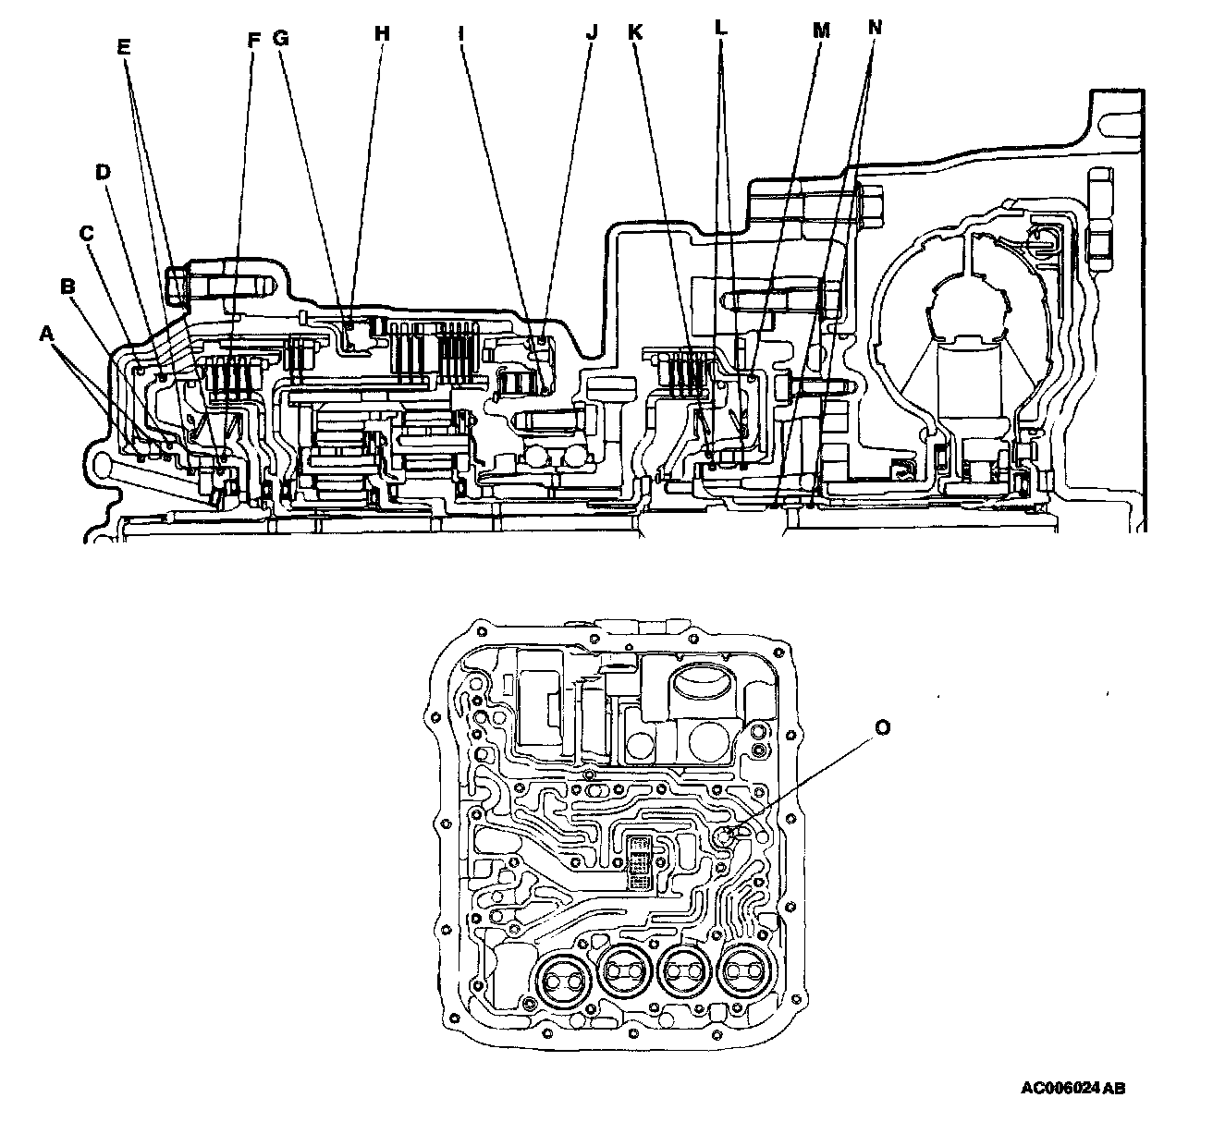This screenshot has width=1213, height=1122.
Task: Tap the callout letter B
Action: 67,287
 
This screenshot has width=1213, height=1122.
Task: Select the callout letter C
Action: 87,234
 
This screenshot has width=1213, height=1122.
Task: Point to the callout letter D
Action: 104,172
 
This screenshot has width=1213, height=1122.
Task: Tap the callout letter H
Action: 382,33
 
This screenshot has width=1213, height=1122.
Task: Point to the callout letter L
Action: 721,28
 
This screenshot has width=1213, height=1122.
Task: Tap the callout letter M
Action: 820,31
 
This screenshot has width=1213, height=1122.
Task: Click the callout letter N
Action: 875,28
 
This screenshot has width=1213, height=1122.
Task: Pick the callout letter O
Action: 883,728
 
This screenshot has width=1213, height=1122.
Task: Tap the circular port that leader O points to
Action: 726,837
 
